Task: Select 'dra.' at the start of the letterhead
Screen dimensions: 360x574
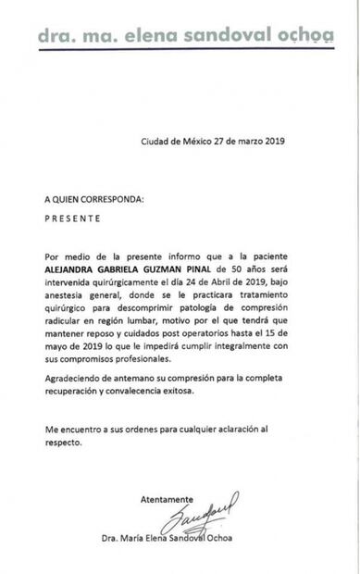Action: coord(57,35)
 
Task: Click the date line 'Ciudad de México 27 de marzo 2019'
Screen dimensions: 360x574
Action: coord(213,142)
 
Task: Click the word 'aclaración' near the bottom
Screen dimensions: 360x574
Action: coord(242,455)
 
